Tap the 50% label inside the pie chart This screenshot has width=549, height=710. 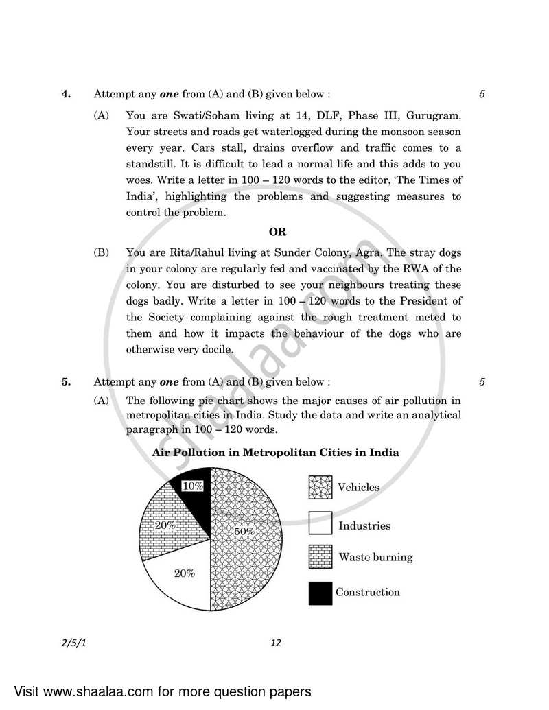point(244,531)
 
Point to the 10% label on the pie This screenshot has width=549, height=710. point(192,486)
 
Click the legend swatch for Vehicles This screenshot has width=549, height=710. point(320,488)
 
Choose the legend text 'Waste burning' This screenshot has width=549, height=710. point(375,557)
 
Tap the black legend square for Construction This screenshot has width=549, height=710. point(320,593)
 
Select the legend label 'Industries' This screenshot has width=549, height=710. point(364,526)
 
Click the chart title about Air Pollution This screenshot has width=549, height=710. point(275,453)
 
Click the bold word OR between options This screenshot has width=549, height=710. point(277,232)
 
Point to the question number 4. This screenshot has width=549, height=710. point(67,95)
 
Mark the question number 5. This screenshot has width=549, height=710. point(67,382)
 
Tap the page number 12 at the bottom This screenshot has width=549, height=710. point(276,643)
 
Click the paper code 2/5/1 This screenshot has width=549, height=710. point(70,643)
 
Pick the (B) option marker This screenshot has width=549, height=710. point(102,252)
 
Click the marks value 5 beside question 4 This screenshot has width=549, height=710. point(482,95)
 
